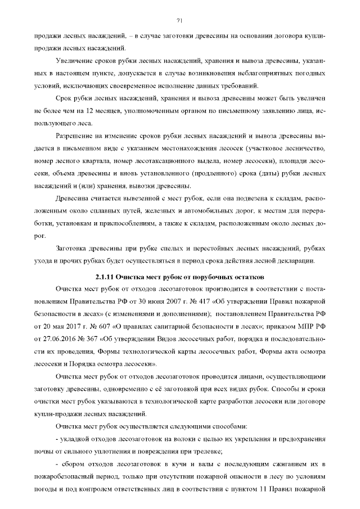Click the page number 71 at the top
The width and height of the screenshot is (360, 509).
[179, 21]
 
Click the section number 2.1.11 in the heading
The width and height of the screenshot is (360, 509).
[105, 278]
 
